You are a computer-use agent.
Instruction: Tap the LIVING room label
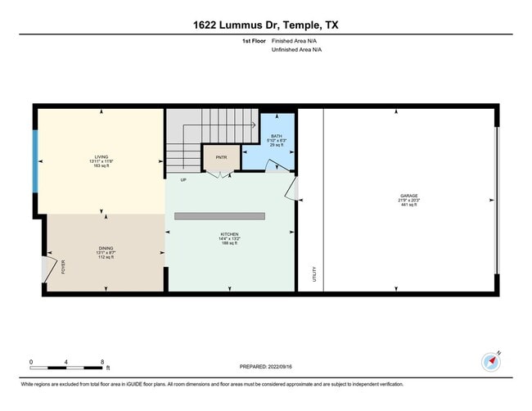(101, 156)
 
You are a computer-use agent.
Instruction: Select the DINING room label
(106, 248)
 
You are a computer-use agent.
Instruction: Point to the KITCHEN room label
(228, 234)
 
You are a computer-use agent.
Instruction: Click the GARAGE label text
(409, 196)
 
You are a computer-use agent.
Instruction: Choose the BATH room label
(277, 135)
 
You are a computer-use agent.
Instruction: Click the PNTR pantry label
(221, 157)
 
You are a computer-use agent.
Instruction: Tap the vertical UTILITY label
(313, 274)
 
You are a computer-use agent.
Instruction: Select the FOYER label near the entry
(62, 267)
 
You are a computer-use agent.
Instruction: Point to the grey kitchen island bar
(219, 216)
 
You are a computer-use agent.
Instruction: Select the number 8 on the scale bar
(101, 361)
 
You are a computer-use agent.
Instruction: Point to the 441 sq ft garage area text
(409, 205)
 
